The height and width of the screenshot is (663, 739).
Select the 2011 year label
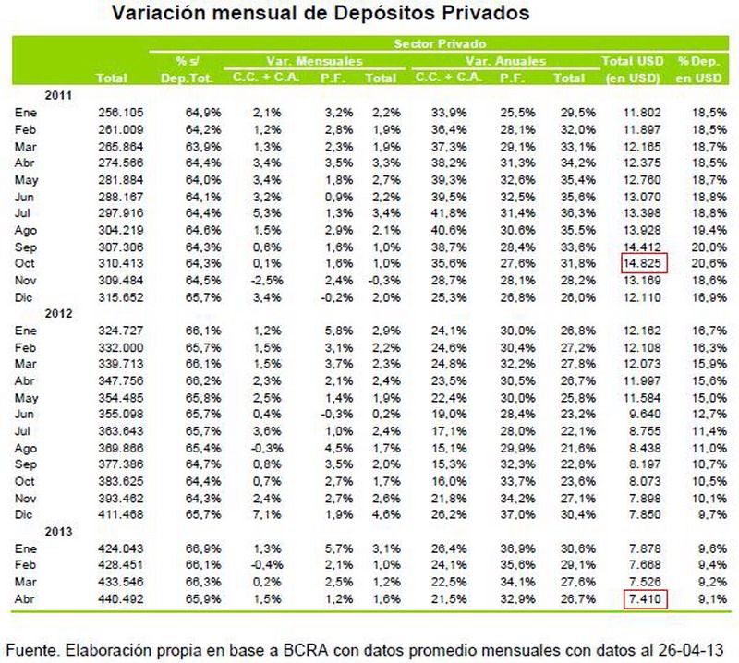[57, 94]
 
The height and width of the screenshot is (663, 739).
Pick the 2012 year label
[57, 313]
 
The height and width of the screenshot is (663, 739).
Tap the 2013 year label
[57, 531]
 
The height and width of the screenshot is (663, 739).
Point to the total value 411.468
[115, 514]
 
